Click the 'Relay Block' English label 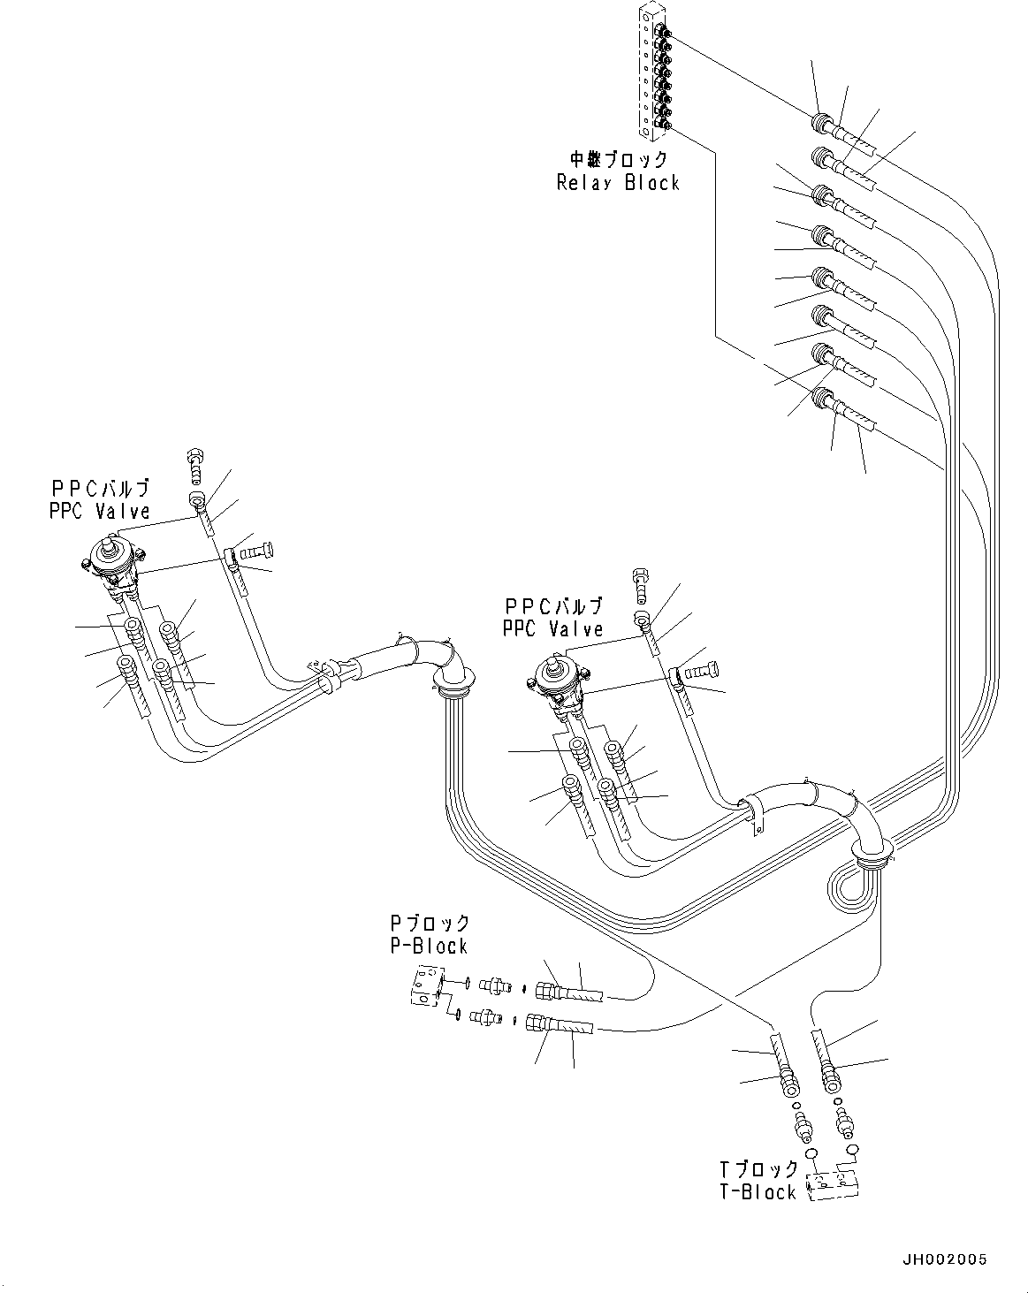point(618,183)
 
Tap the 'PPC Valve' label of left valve point(100,512)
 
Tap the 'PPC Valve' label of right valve point(552,629)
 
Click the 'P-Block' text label point(429,947)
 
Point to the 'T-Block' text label point(758,1192)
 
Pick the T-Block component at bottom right point(834,1185)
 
